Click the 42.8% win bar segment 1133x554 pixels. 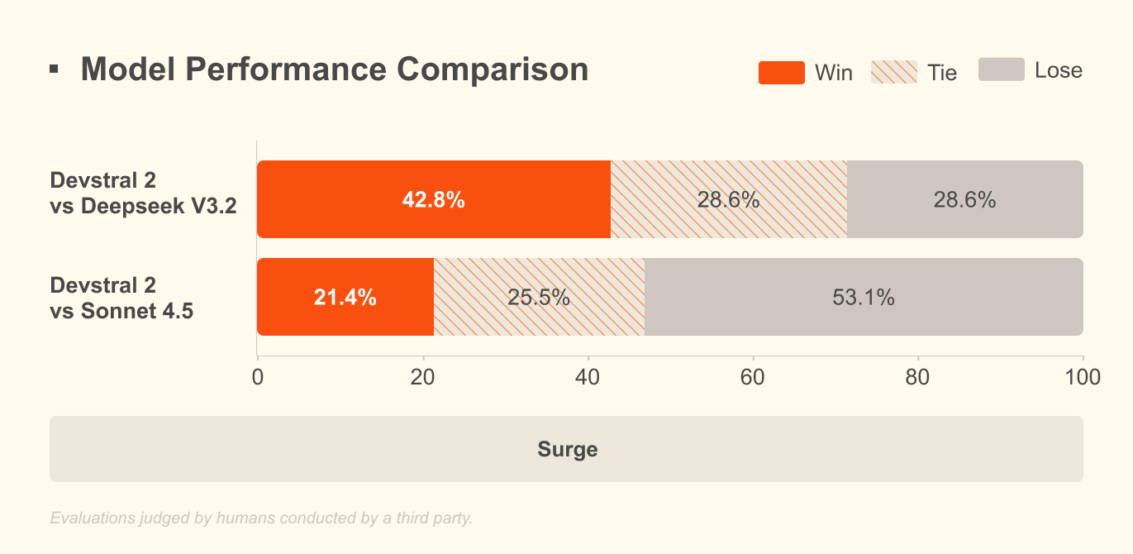pos(434,199)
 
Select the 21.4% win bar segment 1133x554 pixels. pos(345,297)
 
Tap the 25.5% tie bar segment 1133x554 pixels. pos(539,297)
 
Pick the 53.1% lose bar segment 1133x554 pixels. pos(864,297)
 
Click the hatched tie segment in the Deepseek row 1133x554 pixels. pos(729,199)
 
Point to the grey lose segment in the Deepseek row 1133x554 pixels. pos(964,199)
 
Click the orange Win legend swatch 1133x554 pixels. pos(781,73)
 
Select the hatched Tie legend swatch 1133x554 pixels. pos(893,73)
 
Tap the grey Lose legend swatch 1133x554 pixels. pos(1001,70)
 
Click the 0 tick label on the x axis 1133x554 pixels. pos(258,377)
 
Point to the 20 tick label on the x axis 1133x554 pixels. pos(422,377)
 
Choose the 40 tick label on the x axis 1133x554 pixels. pos(588,377)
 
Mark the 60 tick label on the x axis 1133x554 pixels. pos(753,377)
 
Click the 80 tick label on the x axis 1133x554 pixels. pos(918,377)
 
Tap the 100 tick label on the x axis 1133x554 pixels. pos(1083,377)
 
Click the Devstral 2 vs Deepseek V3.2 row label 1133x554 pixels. pos(143,193)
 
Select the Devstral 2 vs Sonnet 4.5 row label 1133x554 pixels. pos(121,298)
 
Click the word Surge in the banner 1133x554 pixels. pos(567,450)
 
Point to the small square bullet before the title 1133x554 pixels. pos(54,69)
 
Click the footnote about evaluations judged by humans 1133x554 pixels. pos(261,518)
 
